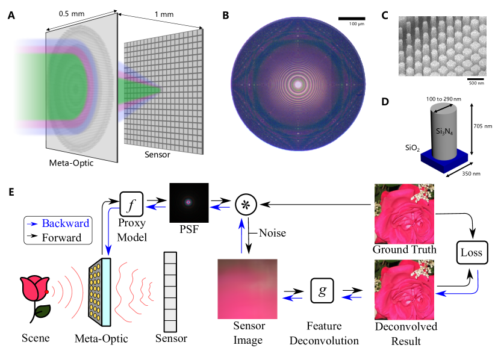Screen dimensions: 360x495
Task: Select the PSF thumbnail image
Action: pos(188,202)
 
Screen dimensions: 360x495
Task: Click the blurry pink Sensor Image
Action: pos(247,288)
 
